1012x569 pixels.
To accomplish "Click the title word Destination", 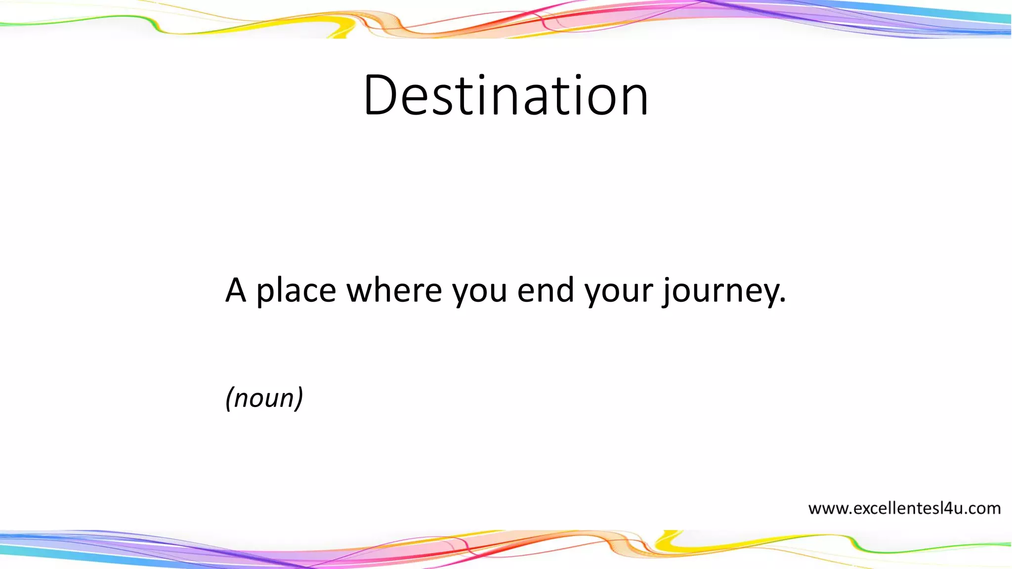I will click(506, 95).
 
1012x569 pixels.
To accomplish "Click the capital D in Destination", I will click(380, 95).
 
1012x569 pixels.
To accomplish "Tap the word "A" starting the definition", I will click(236, 290).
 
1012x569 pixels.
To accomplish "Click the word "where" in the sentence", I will click(394, 290).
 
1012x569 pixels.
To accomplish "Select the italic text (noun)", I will click(264, 398).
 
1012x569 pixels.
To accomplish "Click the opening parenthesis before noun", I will click(229, 398).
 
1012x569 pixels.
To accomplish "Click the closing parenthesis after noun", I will click(298, 398).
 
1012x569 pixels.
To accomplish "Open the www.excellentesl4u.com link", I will click(904, 508).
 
